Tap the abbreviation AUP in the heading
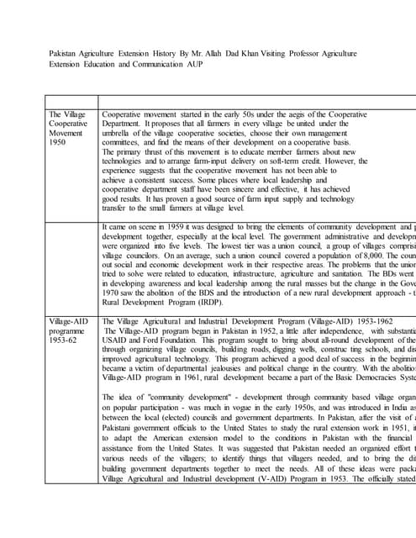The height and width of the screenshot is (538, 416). [213, 64]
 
